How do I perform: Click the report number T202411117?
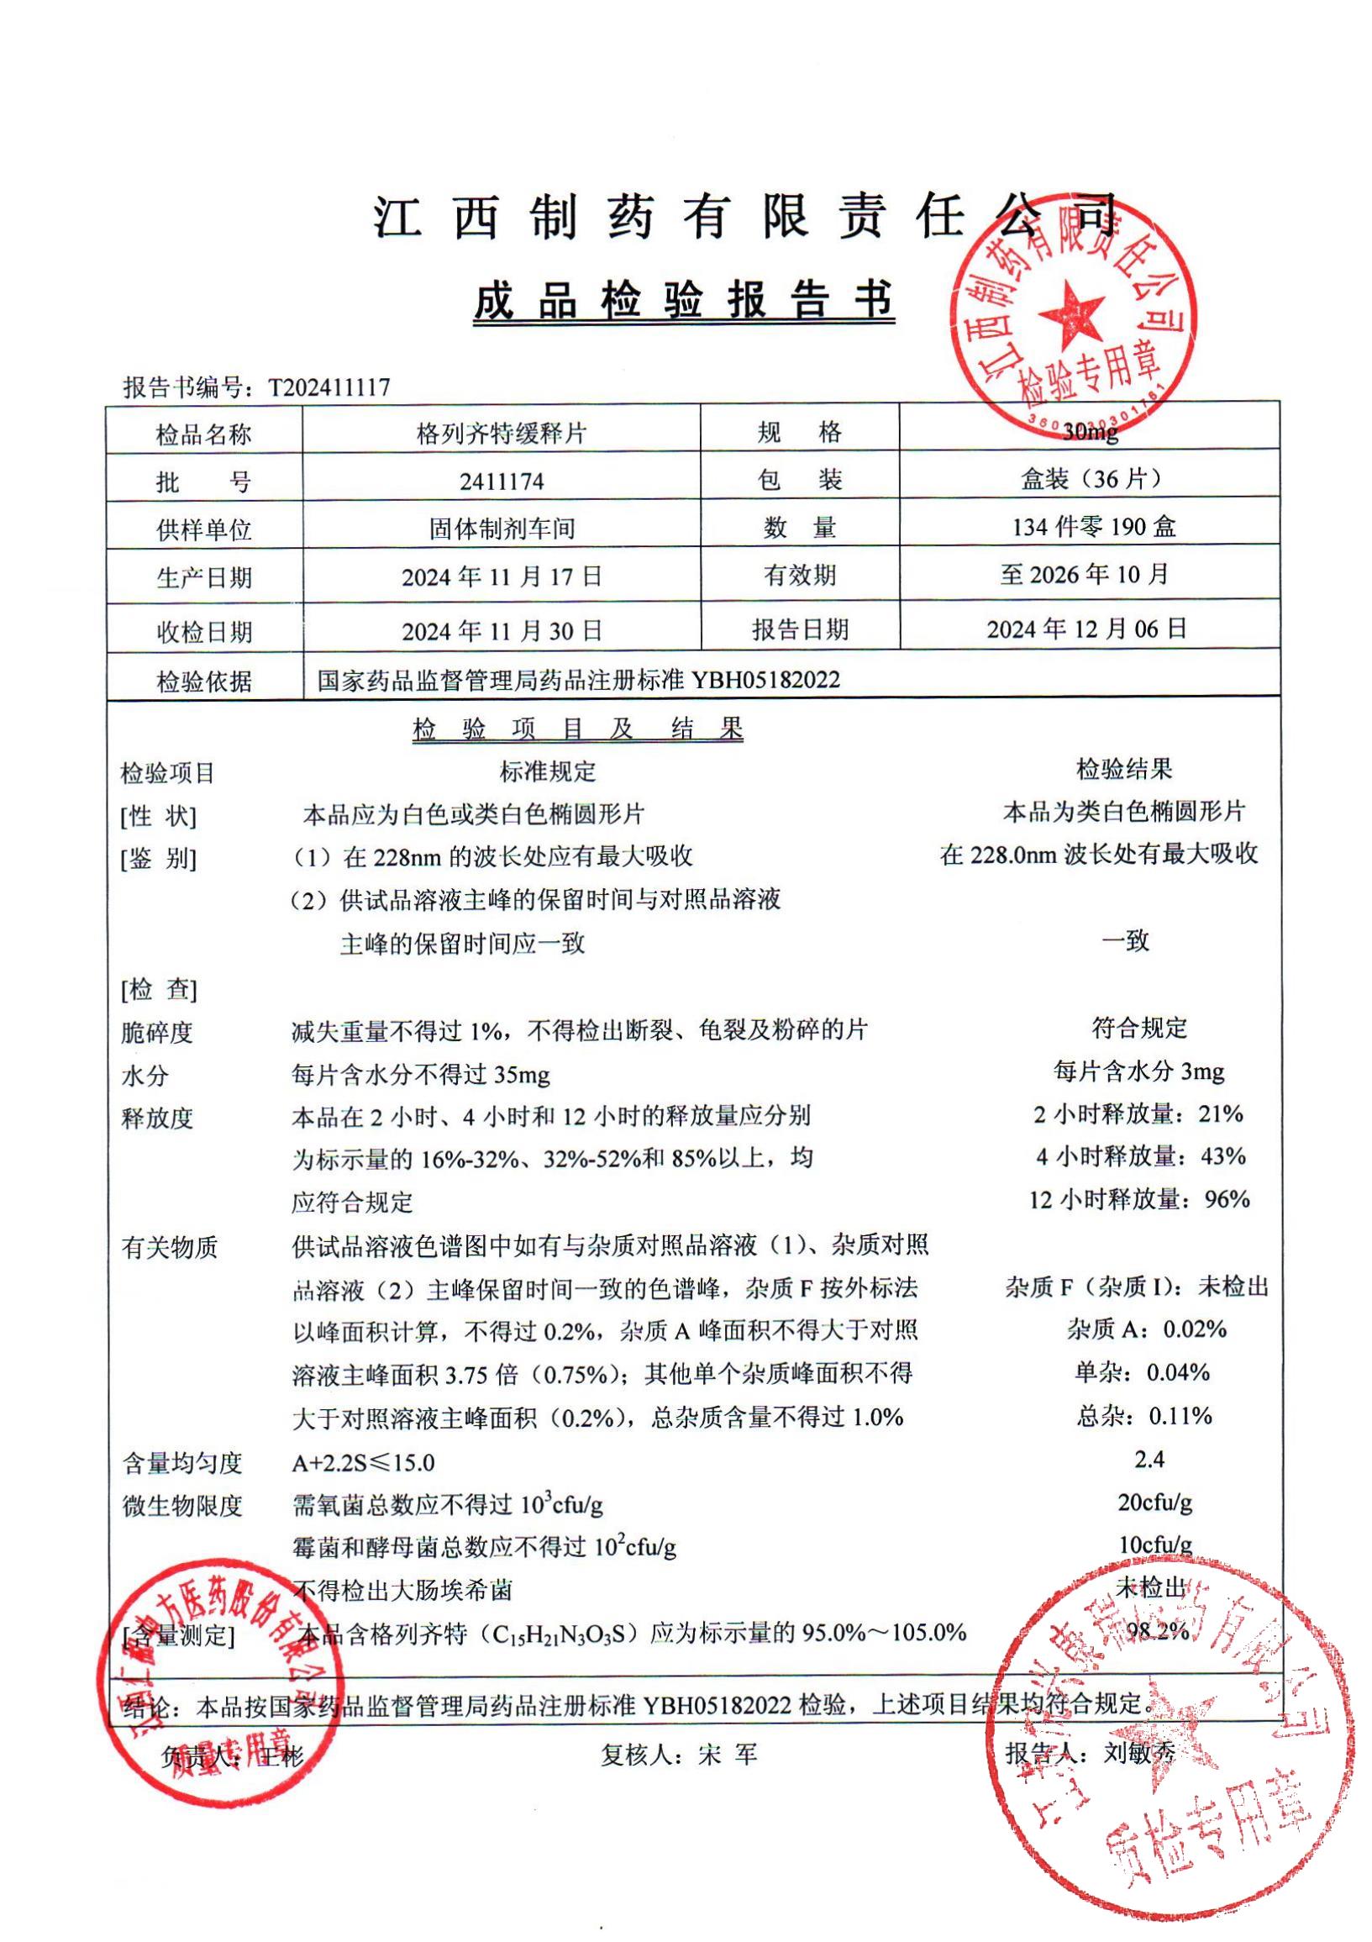coord(329,387)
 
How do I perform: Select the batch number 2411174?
coord(502,482)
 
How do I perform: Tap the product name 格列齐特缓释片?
coord(502,434)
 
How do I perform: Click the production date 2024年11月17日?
coord(502,577)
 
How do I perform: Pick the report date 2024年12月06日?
coord(1087,629)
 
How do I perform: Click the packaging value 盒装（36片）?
coord(1090,480)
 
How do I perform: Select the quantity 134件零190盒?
coord(1094,528)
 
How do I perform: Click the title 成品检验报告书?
coord(683,302)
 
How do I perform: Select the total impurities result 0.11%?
coord(1180,1415)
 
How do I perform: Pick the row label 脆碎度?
coord(157,1033)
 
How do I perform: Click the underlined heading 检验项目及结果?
coord(578,729)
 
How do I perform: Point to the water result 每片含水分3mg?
coord(1138,1072)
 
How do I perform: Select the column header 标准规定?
coord(548,771)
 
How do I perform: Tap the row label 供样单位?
coord(204,530)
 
